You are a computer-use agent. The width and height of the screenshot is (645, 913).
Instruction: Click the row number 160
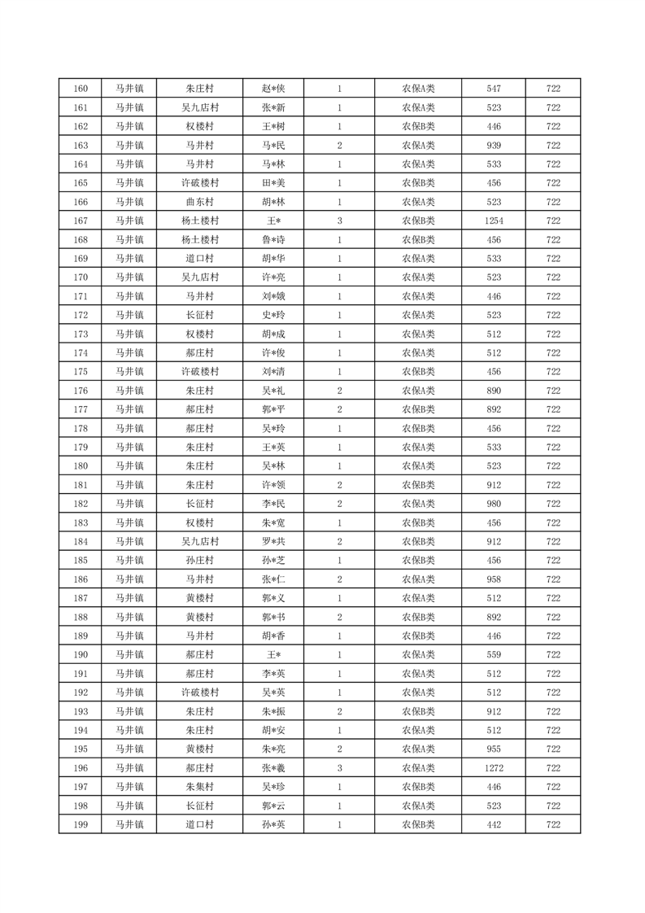(x=81, y=89)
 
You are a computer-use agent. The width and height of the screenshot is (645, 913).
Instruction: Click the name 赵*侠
(x=273, y=89)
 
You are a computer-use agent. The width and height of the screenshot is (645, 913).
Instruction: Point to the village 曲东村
(x=199, y=202)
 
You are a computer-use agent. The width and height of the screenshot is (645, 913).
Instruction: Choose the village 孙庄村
(x=199, y=561)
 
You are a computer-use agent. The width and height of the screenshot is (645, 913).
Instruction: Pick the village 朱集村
(x=199, y=787)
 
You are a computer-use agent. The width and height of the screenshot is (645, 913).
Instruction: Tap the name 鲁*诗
(x=273, y=240)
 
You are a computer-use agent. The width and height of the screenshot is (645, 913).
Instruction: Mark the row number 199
(x=81, y=824)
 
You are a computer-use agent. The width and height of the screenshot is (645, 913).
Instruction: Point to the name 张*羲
(x=273, y=768)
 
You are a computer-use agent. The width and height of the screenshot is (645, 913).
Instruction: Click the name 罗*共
(x=273, y=542)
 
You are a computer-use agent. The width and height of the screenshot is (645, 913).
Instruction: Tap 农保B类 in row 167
(x=418, y=221)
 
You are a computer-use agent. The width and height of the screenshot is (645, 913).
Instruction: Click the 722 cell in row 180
(x=553, y=466)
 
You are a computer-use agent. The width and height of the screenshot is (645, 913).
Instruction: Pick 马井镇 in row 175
(x=129, y=372)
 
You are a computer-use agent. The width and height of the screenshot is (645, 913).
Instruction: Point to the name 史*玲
(x=273, y=315)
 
